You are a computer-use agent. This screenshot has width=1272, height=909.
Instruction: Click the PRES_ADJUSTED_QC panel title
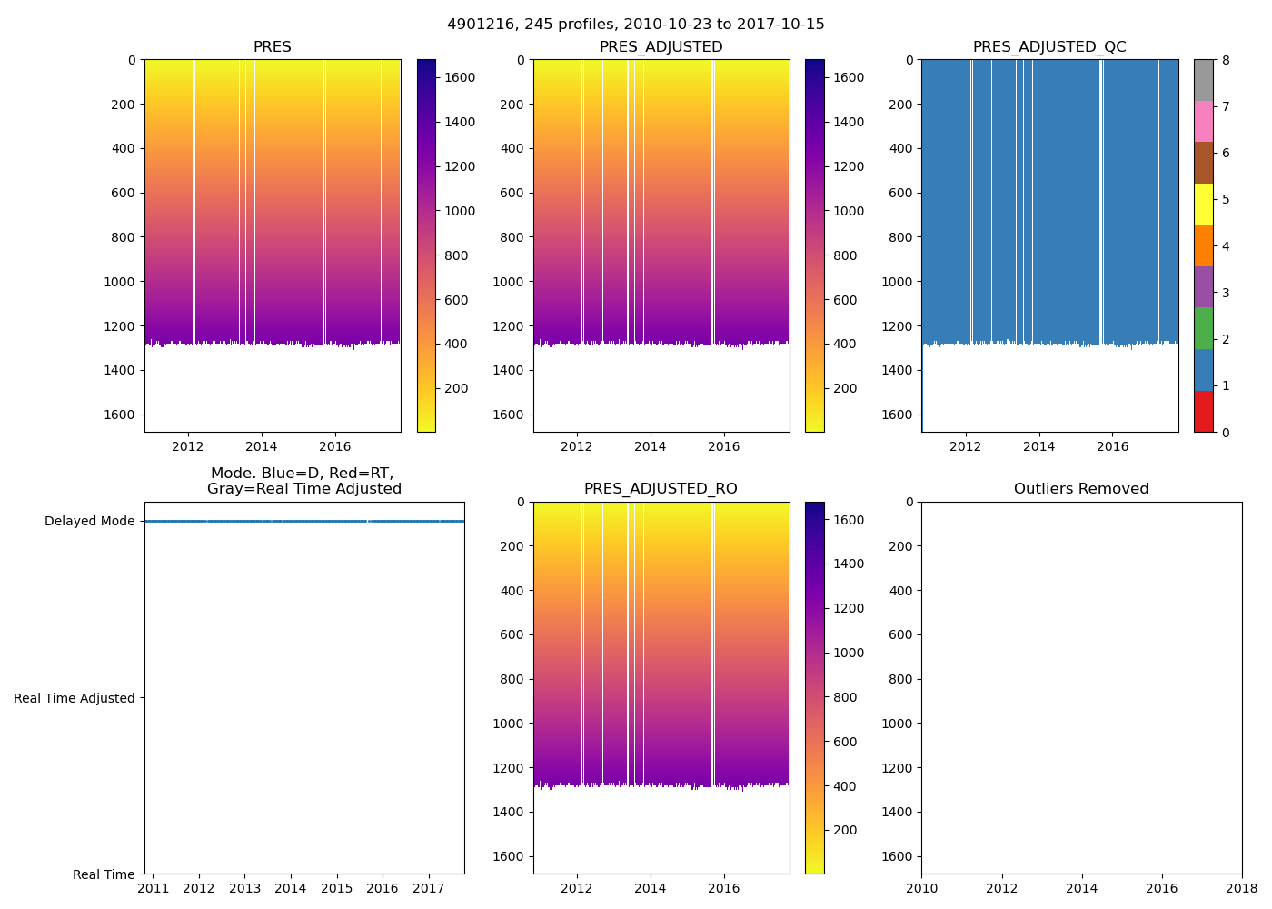click(x=1049, y=47)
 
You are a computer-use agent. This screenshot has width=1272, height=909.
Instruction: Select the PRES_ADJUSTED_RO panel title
click(x=661, y=489)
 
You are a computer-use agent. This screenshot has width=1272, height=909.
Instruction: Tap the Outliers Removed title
click(x=1081, y=489)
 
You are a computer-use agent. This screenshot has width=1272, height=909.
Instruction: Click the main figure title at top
click(x=636, y=25)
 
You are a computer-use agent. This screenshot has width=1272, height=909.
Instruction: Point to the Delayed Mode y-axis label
click(x=89, y=522)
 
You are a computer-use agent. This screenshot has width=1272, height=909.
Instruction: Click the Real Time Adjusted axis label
click(x=75, y=698)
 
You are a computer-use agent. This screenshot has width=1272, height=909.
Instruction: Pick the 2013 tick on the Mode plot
click(x=244, y=887)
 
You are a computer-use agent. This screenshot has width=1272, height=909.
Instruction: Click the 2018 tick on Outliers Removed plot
click(x=1241, y=887)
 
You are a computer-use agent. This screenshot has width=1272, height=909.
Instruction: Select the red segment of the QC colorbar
click(x=1203, y=411)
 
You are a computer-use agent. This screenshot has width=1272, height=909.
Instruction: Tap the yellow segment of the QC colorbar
click(x=1203, y=204)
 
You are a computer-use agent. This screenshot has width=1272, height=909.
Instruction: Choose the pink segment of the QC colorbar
click(x=1203, y=121)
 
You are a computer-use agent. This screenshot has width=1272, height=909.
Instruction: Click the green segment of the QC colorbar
click(x=1203, y=328)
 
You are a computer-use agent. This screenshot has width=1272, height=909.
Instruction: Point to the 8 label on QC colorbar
click(x=1226, y=60)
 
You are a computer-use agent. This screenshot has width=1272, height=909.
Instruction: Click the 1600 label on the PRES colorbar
click(x=460, y=78)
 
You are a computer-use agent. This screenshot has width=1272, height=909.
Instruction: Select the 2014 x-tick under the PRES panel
click(x=262, y=446)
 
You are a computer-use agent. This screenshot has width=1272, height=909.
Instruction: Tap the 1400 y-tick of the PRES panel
click(x=120, y=370)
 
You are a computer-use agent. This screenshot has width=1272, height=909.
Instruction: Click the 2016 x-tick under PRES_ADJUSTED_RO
click(x=723, y=888)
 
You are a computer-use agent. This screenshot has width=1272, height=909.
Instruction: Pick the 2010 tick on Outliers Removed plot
click(x=921, y=887)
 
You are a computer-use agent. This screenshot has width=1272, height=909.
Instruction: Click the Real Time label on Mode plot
click(x=104, y=874)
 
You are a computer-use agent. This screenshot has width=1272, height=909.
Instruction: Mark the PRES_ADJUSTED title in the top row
click(x=661, y=47)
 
